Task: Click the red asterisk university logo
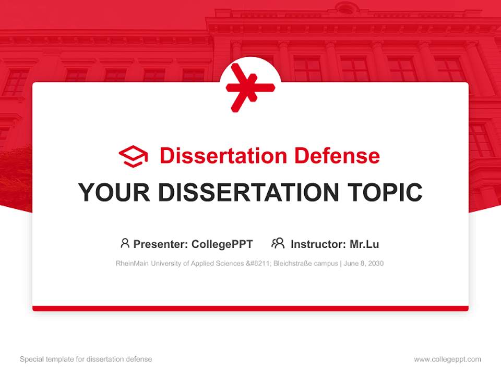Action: [x=250, y=87]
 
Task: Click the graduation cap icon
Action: [x=133, y=156]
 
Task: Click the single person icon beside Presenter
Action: [x=125, y=243]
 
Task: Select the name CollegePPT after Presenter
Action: [x=222, y=244]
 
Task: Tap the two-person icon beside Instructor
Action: [x=278, y=243]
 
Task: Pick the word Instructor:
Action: [x=318, y=244]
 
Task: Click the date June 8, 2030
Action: [x=364, y=264]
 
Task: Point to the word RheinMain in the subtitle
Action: [x=131, y=264]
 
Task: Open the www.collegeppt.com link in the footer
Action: [x=447, y=359]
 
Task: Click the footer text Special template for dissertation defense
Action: [x=86, y=359]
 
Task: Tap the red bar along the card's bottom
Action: [x=250, y=308]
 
